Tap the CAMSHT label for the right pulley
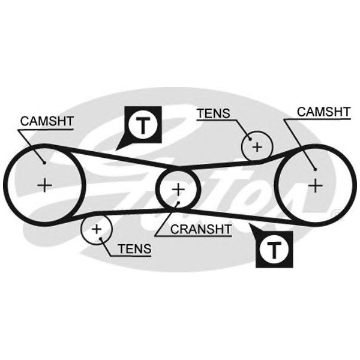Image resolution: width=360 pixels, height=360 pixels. pos(324,112)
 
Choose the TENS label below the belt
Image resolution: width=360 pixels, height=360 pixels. pos(134,247)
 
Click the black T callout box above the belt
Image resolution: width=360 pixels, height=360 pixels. pos(143,125)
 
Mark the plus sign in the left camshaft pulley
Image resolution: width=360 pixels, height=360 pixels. pos(44,184)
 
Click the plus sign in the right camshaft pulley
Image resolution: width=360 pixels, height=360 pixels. pos(314,185)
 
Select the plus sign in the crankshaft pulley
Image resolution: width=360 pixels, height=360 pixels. pos(178,190)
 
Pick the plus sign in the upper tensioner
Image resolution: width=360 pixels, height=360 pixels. pos(257,145)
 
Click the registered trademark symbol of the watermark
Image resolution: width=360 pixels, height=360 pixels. pos(334,211)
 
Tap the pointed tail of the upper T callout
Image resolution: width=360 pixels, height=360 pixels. pos(120,148)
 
